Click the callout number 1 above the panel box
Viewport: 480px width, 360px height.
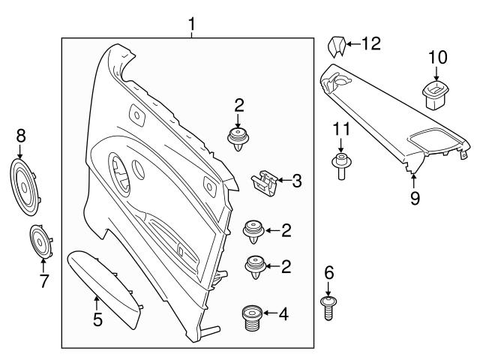click(192, 25)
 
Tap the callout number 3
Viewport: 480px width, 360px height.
click(297, 180)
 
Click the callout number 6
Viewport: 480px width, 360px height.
click(328, 273)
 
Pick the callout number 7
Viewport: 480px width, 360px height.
click(43, 282)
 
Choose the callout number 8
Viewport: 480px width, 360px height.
click(21, 136)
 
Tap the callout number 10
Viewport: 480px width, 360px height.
click(437, 57)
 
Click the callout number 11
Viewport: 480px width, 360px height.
click(341, 129)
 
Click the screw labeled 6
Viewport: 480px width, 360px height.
click(328, 308)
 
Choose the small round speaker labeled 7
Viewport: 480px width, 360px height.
click(40, 241)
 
